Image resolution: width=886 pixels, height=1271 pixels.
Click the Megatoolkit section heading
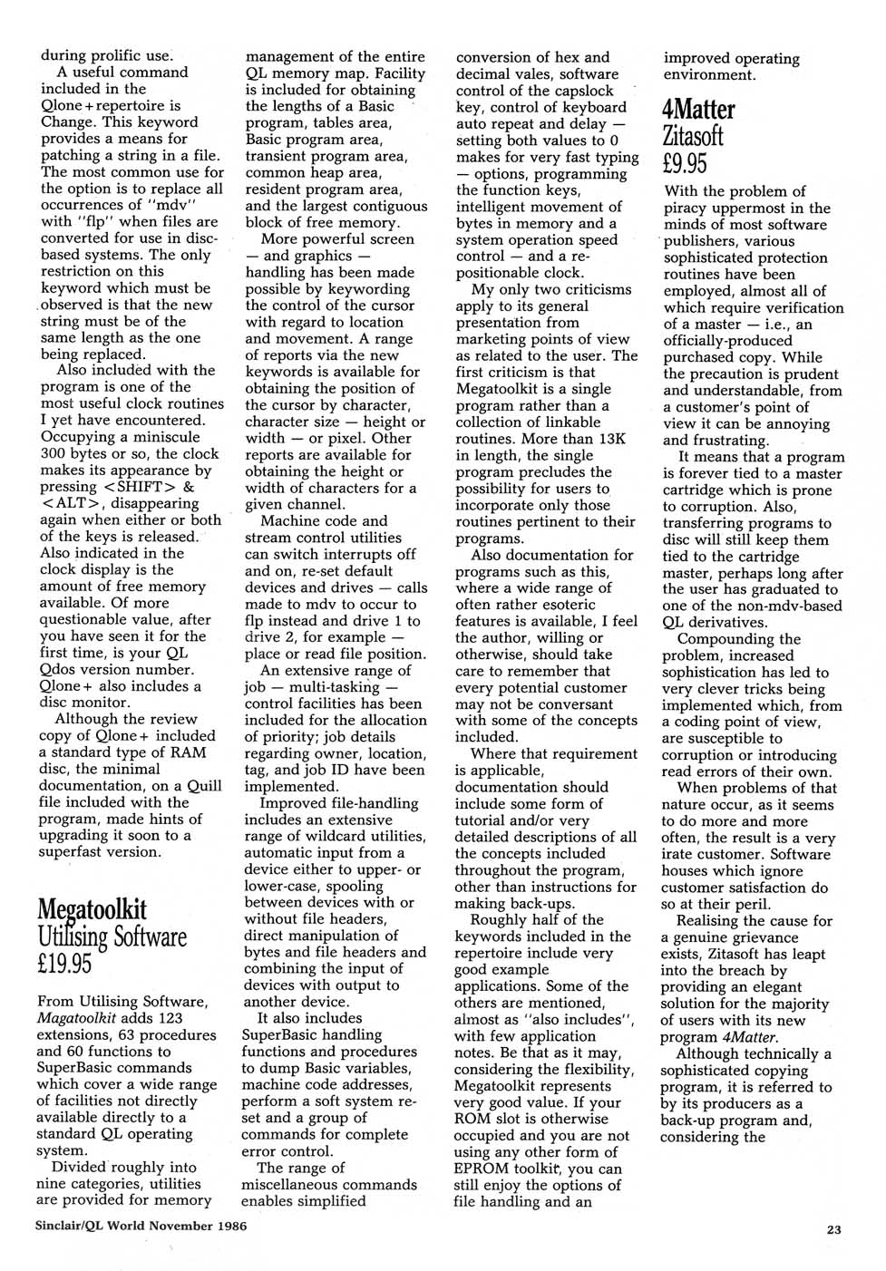pos(92,909)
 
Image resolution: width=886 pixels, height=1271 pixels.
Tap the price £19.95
pos(64,963)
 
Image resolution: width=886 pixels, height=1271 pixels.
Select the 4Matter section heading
pos(699,110)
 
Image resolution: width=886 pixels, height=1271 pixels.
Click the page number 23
pos(833,1229)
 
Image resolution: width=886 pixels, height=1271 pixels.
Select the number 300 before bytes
pos(53,453)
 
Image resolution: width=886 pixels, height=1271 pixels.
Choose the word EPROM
pos(482,1169)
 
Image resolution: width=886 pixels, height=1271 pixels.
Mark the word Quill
pos(201,785)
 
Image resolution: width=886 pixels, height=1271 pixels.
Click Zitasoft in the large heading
pos(694,137)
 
